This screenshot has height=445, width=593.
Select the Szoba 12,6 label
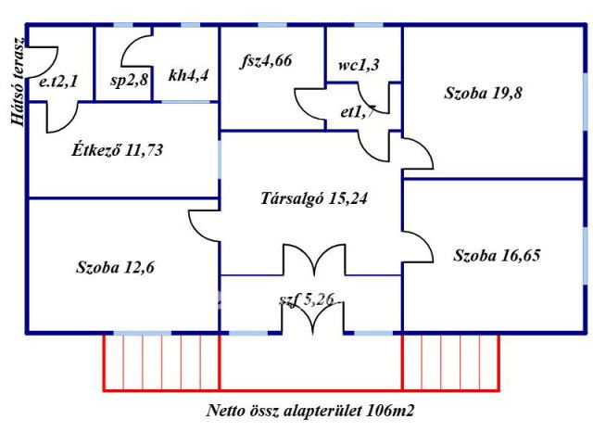(x=116, y=269)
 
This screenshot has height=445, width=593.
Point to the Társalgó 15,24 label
(x=318, y=197)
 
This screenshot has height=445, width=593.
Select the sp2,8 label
(x=129, y=81)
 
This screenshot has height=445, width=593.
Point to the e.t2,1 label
(x=58, y=83)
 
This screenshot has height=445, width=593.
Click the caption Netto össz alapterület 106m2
(x=317, y=410)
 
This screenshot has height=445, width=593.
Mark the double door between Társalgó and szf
(x=312, y=261)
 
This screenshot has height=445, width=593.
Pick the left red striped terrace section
(x=161, y=361)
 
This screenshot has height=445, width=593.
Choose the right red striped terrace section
(x=450, y=361)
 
